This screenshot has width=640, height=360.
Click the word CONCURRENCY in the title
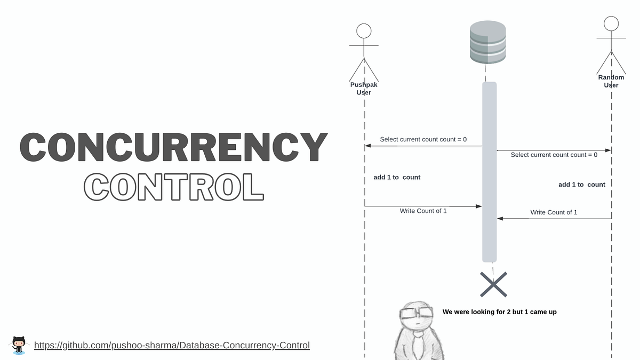pos(173,147)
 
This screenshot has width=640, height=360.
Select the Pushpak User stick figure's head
pos(364,31)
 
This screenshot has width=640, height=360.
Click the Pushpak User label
pos(364,89)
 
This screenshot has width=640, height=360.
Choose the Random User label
pos(611,81)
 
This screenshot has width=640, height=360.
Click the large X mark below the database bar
pos(493,284)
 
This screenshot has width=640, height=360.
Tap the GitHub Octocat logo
pos(19,345)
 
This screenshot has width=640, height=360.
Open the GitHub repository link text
pos(172,345)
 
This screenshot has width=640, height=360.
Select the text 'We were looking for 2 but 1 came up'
pos(499,312)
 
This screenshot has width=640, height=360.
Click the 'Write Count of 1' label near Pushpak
pos(423,211)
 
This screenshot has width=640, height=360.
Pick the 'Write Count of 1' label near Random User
pos(554,212)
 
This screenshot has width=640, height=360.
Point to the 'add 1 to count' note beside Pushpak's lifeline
pos(397,177)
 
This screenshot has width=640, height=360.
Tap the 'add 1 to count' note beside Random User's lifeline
pos(582,185)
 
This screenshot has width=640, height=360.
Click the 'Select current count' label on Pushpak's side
pos(423,139)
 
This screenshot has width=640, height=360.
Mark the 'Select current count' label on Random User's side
pos(554,155)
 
